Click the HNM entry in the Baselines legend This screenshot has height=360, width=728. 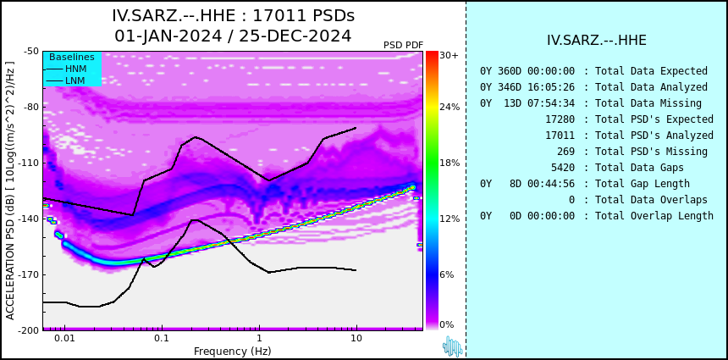click(x=75, y=69)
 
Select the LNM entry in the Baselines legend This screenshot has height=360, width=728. click(x=75, y=81)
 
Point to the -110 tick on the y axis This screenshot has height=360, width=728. click(x=30, y=163)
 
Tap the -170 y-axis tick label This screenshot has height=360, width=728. click(x=30, y=274)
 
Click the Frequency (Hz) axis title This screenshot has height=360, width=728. click(x=232, y=351)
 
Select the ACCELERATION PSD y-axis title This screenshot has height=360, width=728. click(x=10, y=191)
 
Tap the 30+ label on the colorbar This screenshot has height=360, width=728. click(x=449, y=55)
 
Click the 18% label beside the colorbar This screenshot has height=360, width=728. click(x=449, y=163)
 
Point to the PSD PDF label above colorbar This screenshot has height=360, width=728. click(x=404, y=45)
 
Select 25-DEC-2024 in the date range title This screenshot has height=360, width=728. click(x=295, y=36)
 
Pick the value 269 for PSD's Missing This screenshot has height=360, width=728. click(x=566, y=152)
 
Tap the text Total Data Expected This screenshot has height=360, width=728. click(x=652, y=71)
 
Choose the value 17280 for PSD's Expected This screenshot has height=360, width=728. click(x=560, y=119)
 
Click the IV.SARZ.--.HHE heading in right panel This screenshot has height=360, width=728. click(x=597, y=41)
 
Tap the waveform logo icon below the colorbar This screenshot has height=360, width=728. click(x=452, y=346)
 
